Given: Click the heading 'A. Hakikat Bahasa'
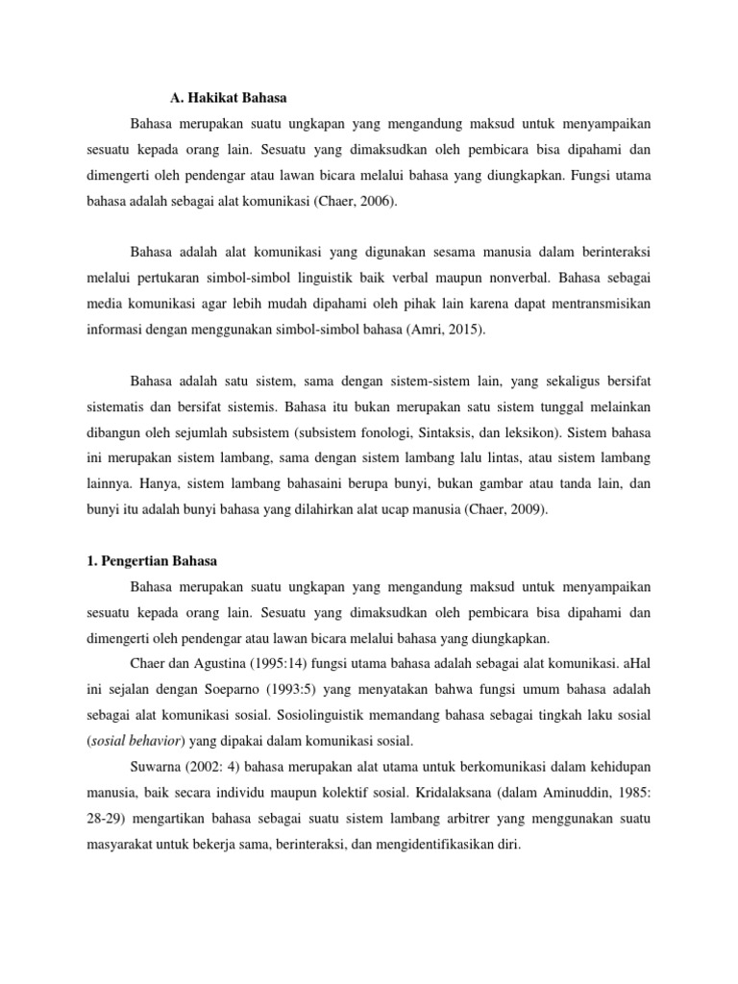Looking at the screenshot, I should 228,97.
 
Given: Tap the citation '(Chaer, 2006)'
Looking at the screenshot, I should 347,203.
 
